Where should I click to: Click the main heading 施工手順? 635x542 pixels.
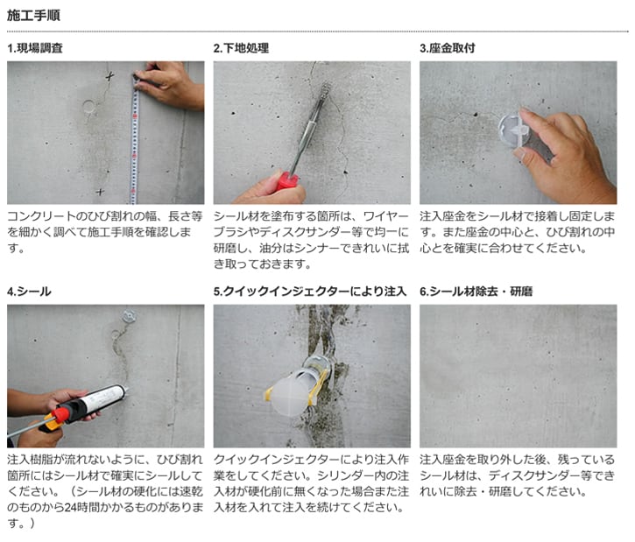click(x=33, y=16)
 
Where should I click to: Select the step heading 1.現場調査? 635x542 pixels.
click(x=35, y=48)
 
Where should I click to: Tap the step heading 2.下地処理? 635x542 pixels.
click(x=242, y=48)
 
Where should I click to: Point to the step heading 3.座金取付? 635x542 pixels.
click(x=448, y=48)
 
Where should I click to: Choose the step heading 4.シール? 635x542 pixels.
click(x=29, y=292)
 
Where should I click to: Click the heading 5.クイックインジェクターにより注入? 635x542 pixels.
click(x=310, y=292)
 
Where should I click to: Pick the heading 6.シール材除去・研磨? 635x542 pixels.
click(x=476, y=292)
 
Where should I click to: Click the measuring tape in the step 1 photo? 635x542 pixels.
click(x=135, y=139)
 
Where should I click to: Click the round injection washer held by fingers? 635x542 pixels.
click(x=513, y=130)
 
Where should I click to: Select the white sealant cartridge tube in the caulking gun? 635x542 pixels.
click(x=102, y=398)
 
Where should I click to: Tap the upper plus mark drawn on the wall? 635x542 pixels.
click(x=109, y=75)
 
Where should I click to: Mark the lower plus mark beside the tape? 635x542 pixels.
click(x=100, y=192)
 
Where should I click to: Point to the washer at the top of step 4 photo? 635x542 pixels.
click(x=129, y=316)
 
